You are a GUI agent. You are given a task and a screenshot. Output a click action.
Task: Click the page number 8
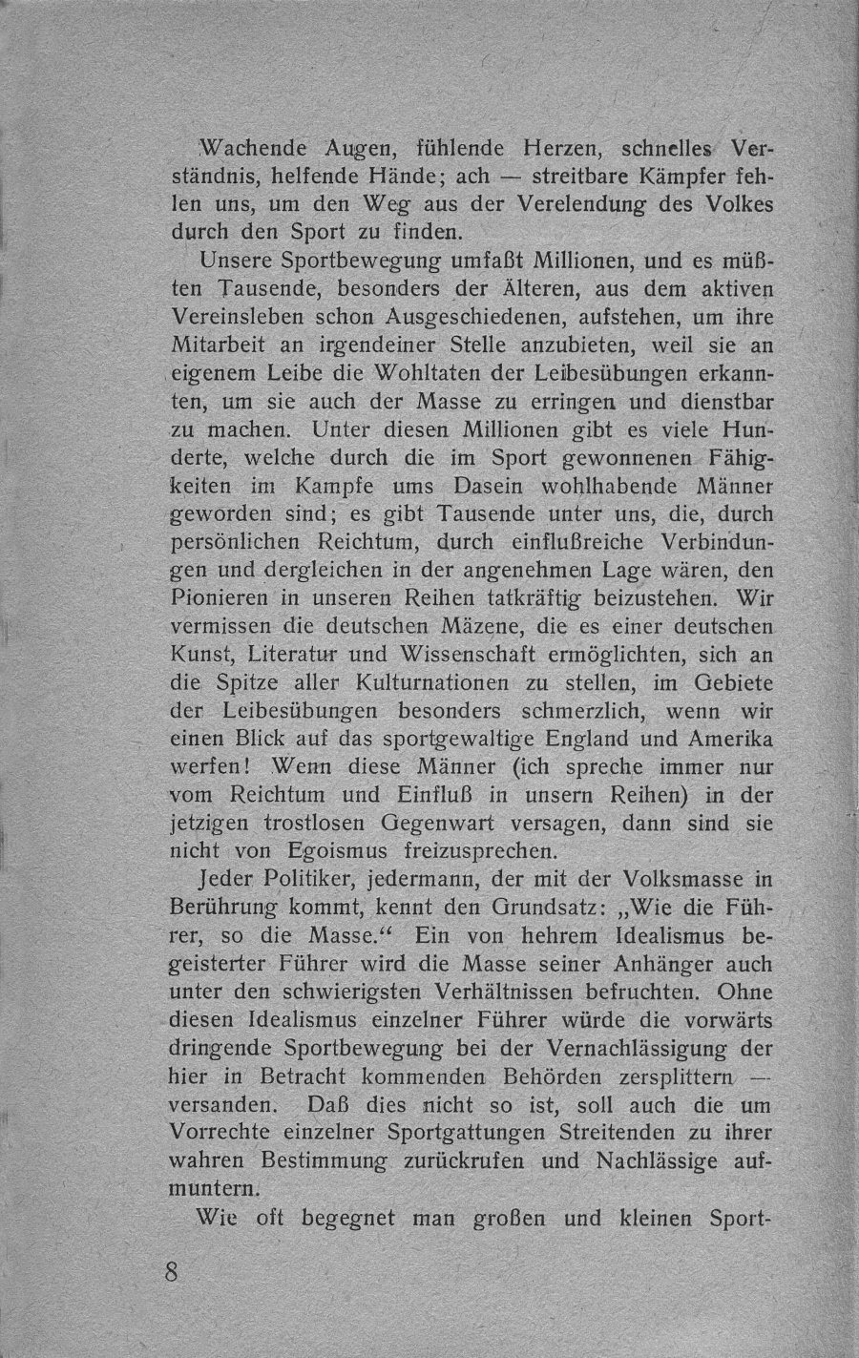[x=173, y=1273]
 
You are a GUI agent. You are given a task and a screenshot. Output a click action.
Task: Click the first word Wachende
[x=250, y=150]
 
